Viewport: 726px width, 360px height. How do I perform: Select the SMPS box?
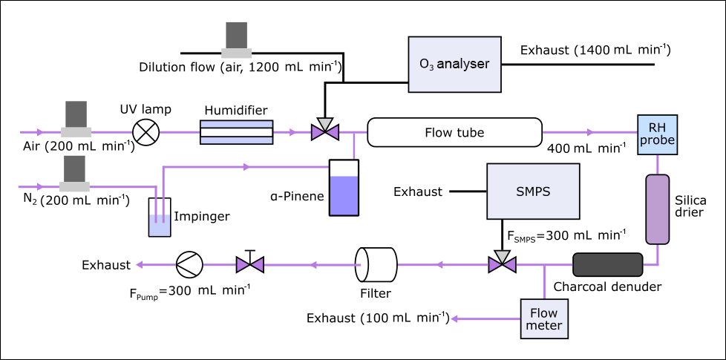click(532, 192)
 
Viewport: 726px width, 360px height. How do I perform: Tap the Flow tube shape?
click(454, 133)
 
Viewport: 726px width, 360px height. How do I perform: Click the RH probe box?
click(658, 134)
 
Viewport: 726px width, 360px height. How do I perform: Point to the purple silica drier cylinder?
click(657, 209)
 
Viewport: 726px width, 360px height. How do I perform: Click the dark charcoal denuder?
click(607, 264)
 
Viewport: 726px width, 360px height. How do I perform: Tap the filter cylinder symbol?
click(376, 264)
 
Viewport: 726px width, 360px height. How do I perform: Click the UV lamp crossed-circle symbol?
click(145, 133)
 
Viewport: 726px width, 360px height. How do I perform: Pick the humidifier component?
click(237, 133)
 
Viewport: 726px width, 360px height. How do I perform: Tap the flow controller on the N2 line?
click(76, 174)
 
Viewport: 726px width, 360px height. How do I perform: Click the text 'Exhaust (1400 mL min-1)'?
click(595, 50)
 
